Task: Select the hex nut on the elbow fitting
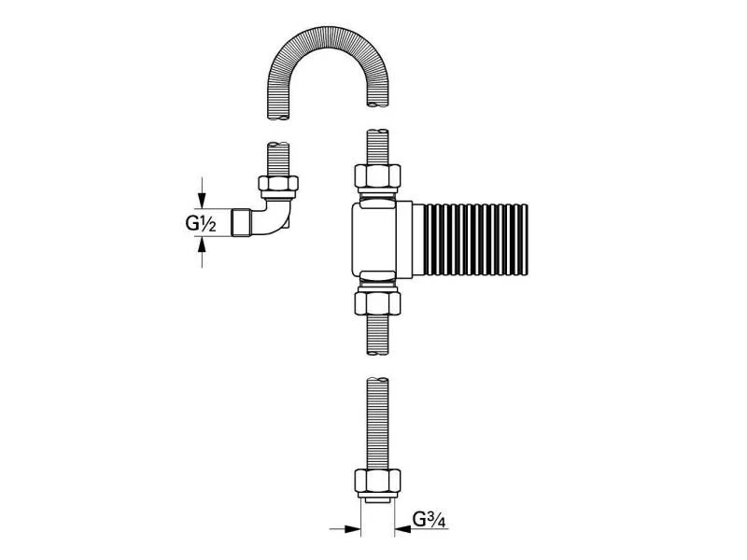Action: [279, 185]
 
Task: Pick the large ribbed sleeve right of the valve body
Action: [475, 237]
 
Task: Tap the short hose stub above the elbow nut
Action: [279, 155]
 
